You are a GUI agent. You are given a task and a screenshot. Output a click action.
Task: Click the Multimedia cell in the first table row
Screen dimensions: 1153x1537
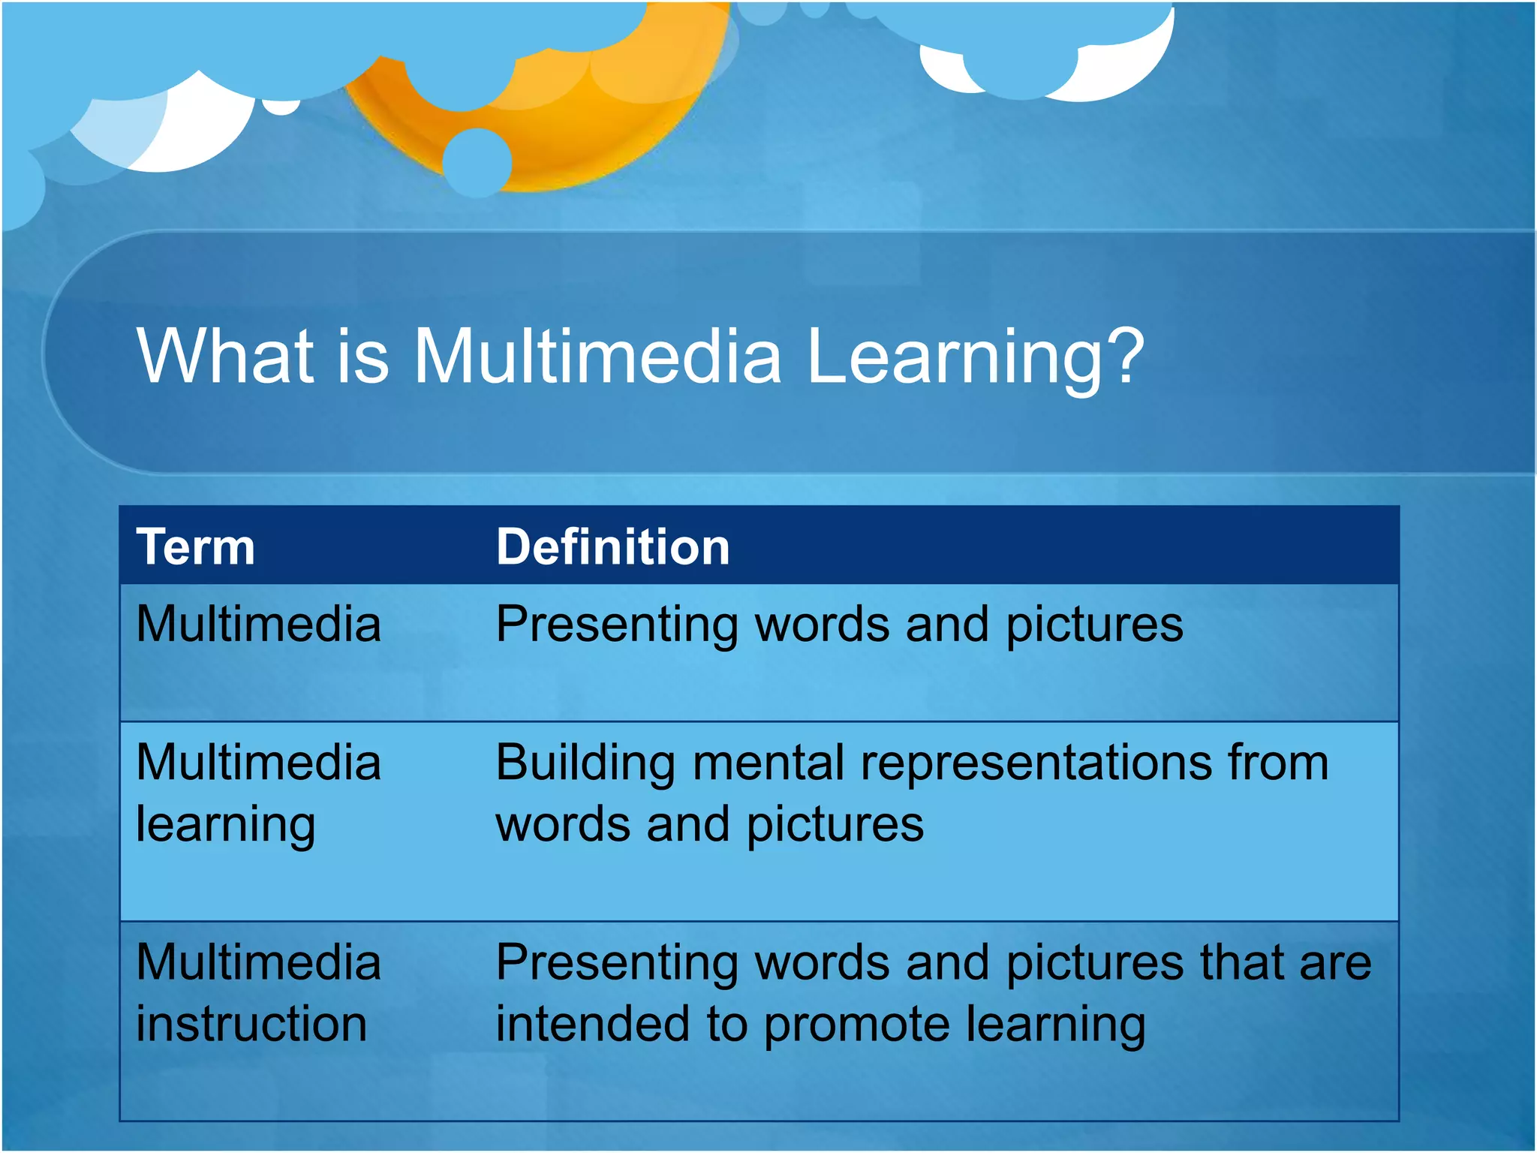pos(258,625)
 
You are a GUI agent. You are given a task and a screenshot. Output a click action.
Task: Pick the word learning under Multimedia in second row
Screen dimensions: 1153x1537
pos(225,826)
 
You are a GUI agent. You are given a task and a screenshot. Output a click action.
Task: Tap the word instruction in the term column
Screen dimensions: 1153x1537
pos(251,1025)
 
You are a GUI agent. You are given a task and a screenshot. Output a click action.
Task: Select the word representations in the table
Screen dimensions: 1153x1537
pos(1036,764)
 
